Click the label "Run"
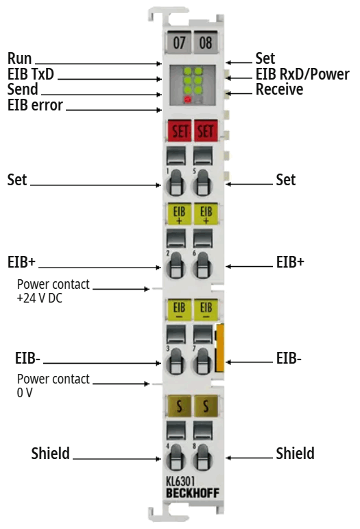click(20, 58)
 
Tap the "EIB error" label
click(35, 106)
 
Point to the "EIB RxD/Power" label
click(302, 74)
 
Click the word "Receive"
click(279, 89)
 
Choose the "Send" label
click(23, 90)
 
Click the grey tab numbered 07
click(180, 43)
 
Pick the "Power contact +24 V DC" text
click(53, 290)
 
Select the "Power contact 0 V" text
click(53, 386)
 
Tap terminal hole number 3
click(176, 360)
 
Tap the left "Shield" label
click(50, 454)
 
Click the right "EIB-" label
click(289, 357)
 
